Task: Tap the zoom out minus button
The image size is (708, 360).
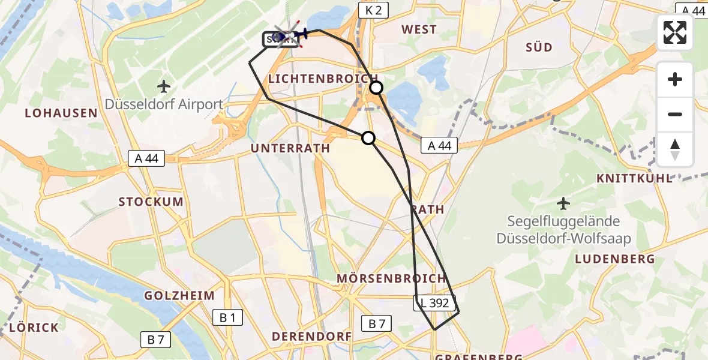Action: tap(675, 114)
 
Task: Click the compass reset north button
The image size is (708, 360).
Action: tap(675, 149)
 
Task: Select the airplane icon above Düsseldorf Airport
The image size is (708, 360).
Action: tap(163, 86)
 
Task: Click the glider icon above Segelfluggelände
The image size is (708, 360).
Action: tap(563, 203)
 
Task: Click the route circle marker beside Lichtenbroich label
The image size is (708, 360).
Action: tap(376, 88)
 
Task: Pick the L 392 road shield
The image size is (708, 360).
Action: tap(435, 303)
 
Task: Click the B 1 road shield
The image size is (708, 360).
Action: tap(227, 318)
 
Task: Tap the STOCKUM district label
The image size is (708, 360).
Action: tap(151, 202)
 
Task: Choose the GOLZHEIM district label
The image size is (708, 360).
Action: tap(179, 296)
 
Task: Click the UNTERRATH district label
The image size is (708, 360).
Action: tap(290, 148)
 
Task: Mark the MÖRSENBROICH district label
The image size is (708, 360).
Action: tap(391, 278)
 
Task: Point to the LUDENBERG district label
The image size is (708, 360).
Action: tap(614, 259)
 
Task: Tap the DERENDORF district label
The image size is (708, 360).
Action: tap(312, 337)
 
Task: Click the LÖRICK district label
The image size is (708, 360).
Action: tap(34, 328)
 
